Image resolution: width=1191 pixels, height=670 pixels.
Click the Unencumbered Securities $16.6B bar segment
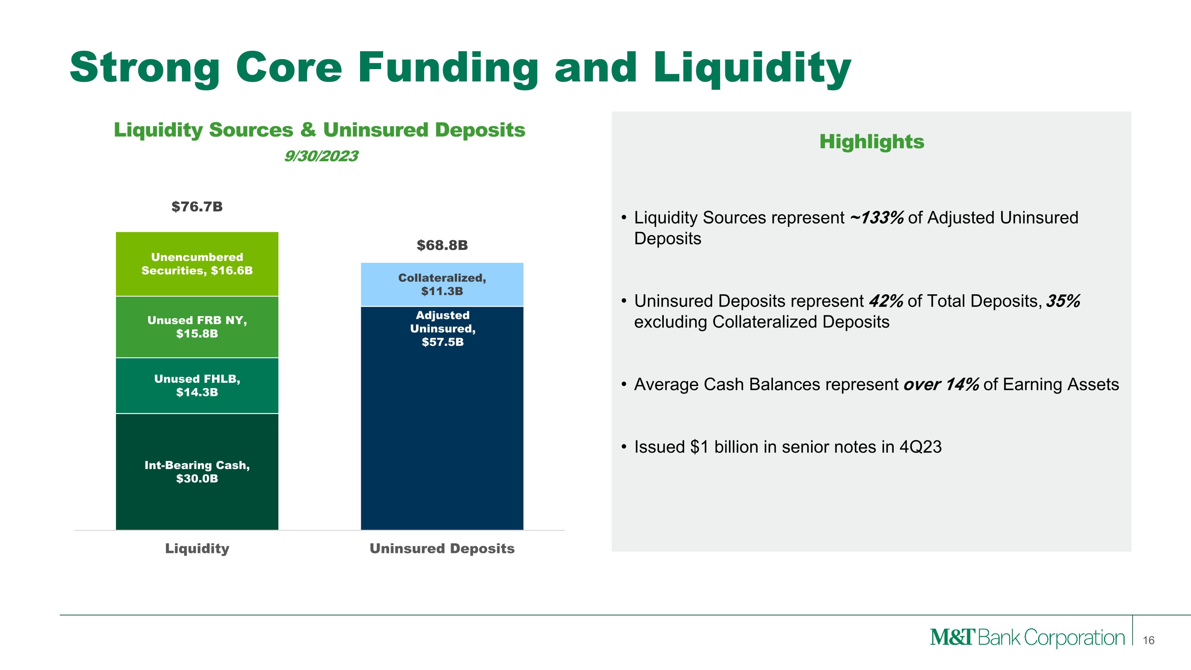(x=197, y=264)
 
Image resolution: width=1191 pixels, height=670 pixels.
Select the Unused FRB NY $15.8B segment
(x=197, y=327)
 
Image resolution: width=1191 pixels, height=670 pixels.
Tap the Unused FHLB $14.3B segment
(x=197, y=386)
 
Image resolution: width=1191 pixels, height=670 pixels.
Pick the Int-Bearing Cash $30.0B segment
(x=197, y=472)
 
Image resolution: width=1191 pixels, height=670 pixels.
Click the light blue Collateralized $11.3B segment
(x=442, y=284)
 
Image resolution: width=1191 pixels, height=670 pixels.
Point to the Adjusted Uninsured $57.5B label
(x=443, y=329)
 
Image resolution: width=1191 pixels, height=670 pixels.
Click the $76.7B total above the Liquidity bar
(x=197, y=207)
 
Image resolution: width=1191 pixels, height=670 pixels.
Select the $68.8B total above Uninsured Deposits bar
(x=442, y=245)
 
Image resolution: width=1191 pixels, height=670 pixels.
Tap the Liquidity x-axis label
(x=197, y=548)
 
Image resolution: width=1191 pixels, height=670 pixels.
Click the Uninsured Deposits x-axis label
(x=442, y=548)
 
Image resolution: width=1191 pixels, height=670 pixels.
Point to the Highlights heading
(x=871, y=141)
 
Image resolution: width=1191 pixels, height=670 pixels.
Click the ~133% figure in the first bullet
(x=876, y=218)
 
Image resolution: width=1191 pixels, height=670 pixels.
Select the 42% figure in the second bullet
(x=886, y=301)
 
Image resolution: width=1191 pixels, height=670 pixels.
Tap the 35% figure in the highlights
(x=1063, y=301)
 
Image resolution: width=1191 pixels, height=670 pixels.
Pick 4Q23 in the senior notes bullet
(x=920, y=447)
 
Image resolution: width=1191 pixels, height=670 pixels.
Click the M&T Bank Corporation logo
(x=1027, y=638)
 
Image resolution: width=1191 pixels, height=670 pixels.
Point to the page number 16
(x=1149, y=640)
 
